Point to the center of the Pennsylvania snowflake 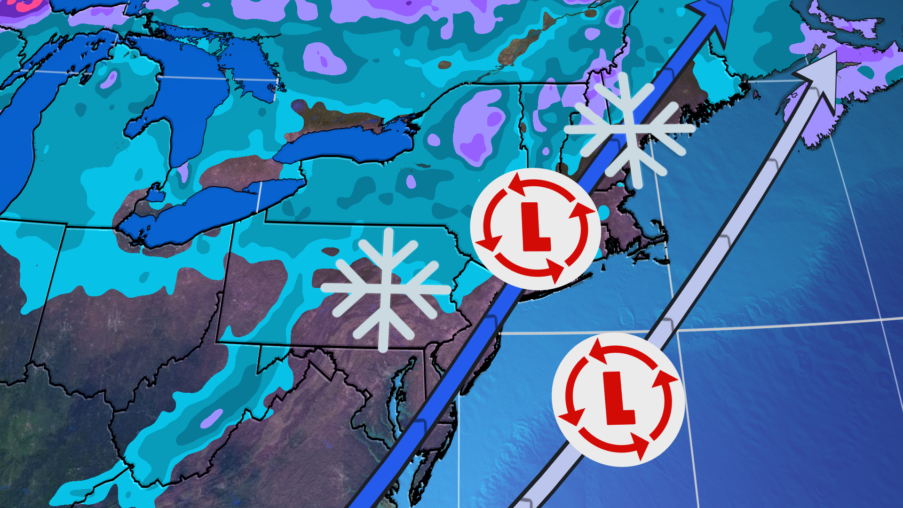(x=386, y=288)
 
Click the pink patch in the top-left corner (x=24, y=5)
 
